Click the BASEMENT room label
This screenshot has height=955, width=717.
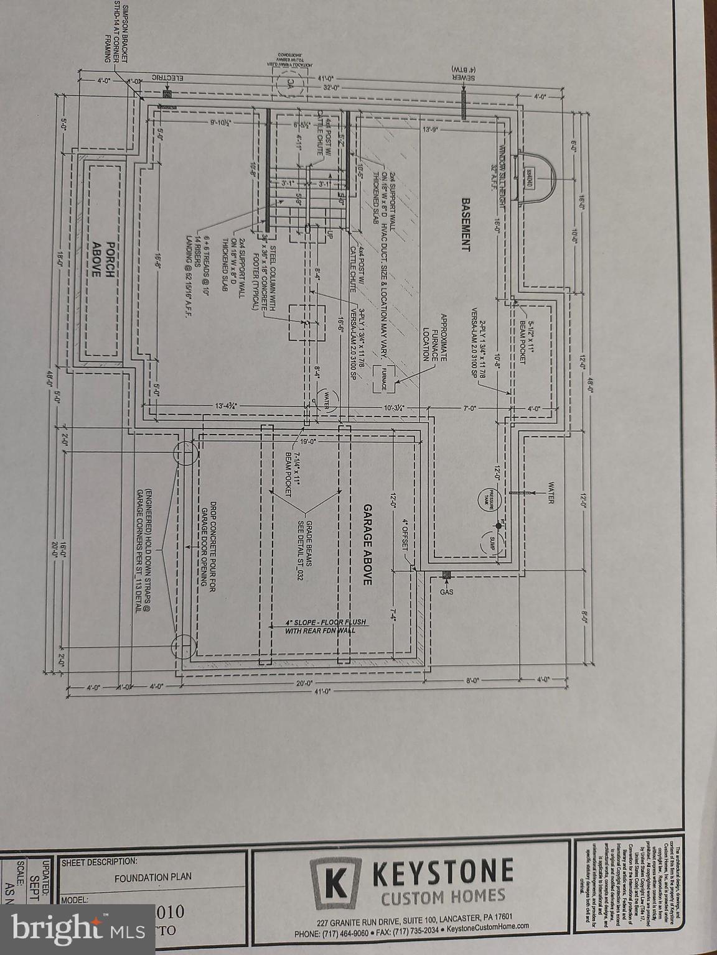point(464,224)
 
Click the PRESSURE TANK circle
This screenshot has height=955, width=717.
point(490,498)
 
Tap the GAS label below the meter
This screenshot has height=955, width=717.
point(446,592)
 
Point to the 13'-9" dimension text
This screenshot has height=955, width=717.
point(431,130)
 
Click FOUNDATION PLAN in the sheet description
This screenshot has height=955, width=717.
point(153,877)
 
